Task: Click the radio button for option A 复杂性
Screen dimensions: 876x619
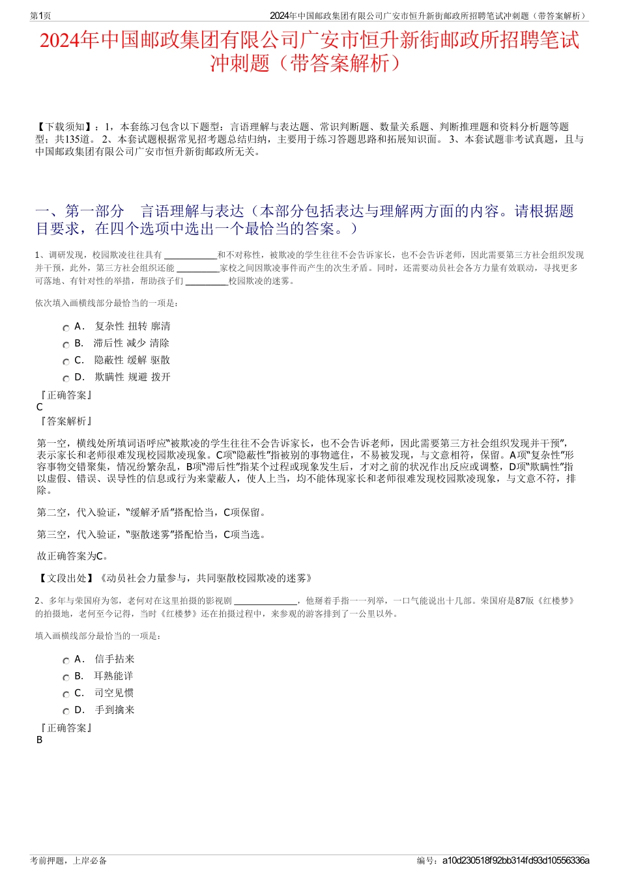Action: coord(66,328)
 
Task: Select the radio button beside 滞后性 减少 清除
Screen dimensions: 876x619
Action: coord(66,345)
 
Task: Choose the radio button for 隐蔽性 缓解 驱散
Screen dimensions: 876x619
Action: coord(66,362)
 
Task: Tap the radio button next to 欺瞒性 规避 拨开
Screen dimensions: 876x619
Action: coord(66,379)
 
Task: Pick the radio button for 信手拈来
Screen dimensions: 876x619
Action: coord(66,661)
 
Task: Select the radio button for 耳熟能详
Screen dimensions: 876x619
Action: coord(66,678)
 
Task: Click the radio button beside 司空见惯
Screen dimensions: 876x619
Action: coord(66,695)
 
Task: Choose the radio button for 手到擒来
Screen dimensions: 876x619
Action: coord(66,712)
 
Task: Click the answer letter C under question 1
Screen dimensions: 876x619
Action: coord(40,407)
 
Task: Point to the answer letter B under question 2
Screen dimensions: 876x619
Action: coord(40,740)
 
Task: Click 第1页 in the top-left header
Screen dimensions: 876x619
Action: coord(41,16)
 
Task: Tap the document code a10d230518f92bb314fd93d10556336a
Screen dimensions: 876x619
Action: coord(515,860)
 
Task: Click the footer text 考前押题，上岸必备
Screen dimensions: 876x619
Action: coord(68,860)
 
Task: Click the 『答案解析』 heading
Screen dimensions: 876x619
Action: coord(65,421)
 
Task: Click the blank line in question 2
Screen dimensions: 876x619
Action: coord(265,601)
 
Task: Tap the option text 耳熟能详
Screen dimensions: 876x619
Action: coord(114,676)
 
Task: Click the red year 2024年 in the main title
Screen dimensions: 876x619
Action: coord(69,40)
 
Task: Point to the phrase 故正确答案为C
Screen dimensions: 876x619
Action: coord(73,556)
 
